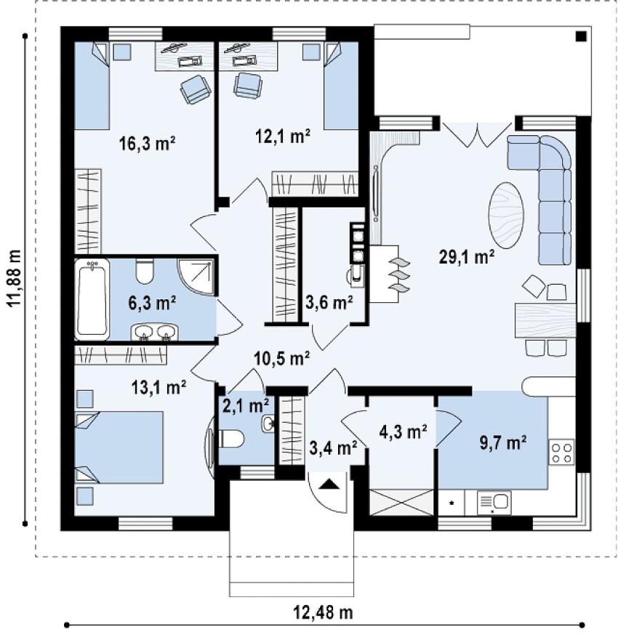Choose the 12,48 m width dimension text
323,612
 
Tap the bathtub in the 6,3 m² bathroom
92,298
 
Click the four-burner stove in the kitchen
561,453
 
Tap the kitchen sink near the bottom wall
494,502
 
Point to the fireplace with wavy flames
389,274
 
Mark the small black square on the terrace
580,36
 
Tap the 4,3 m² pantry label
402,432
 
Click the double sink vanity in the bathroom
154,332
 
